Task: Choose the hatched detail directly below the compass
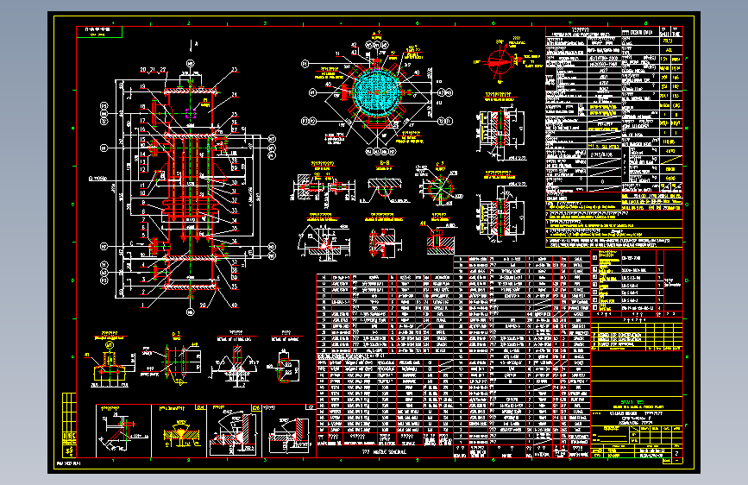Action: pyautogui.click(x=499, y=127)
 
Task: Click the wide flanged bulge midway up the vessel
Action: pyautogui.click(x=188, y=205)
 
